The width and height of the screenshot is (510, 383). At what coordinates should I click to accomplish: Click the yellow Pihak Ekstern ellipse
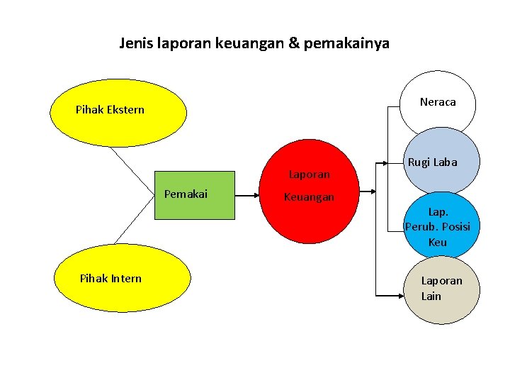(117, 112)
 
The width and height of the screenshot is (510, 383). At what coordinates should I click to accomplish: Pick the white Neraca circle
(437, 102)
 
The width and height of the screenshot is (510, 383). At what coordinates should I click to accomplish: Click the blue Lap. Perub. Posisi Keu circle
(438, 226)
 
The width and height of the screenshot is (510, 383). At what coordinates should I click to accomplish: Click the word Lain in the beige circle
(431, 296)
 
